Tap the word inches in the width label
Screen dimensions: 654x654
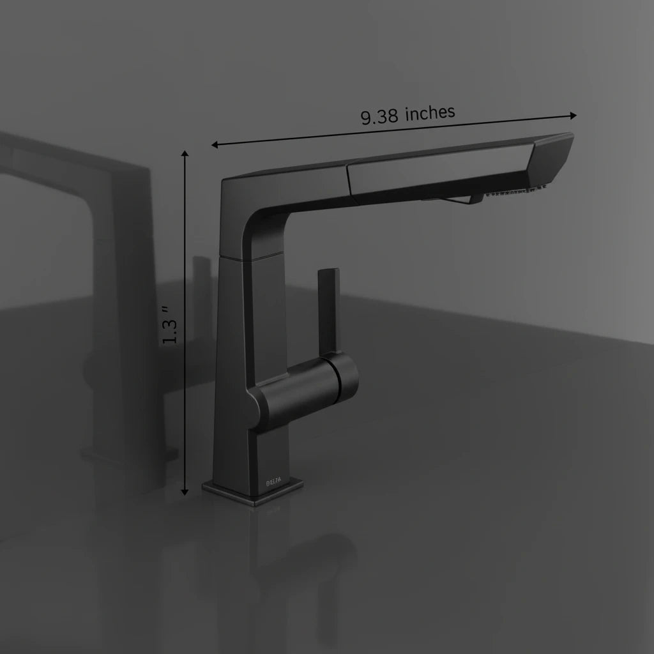coord(430,112)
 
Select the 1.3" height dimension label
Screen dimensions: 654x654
coord(170,325)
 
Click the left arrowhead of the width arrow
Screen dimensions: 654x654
coord(215,145)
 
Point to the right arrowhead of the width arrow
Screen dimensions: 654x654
coord(573,116)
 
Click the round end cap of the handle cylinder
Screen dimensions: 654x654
coord(347,378)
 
